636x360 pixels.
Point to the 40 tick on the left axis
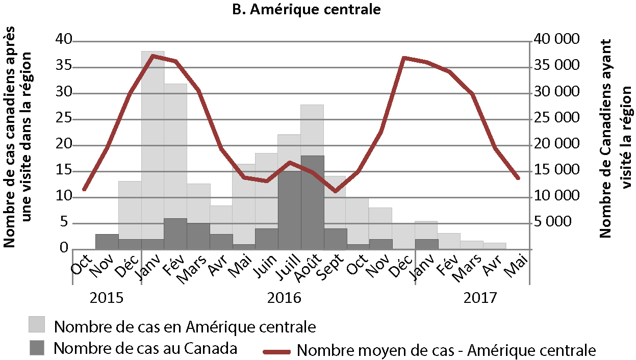pos(63,40)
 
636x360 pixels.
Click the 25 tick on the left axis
pos(63,119)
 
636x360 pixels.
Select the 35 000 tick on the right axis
pos(556,66)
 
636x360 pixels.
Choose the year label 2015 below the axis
pos(107,298)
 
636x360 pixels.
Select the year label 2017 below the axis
pos(479,298)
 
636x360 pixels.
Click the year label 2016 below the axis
pos(284,298)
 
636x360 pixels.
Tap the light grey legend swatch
pos(36,324)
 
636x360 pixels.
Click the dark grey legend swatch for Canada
pos(36,348)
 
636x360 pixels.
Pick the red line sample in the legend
pos(276,351)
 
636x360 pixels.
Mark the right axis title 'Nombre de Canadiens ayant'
pos(605,138)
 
